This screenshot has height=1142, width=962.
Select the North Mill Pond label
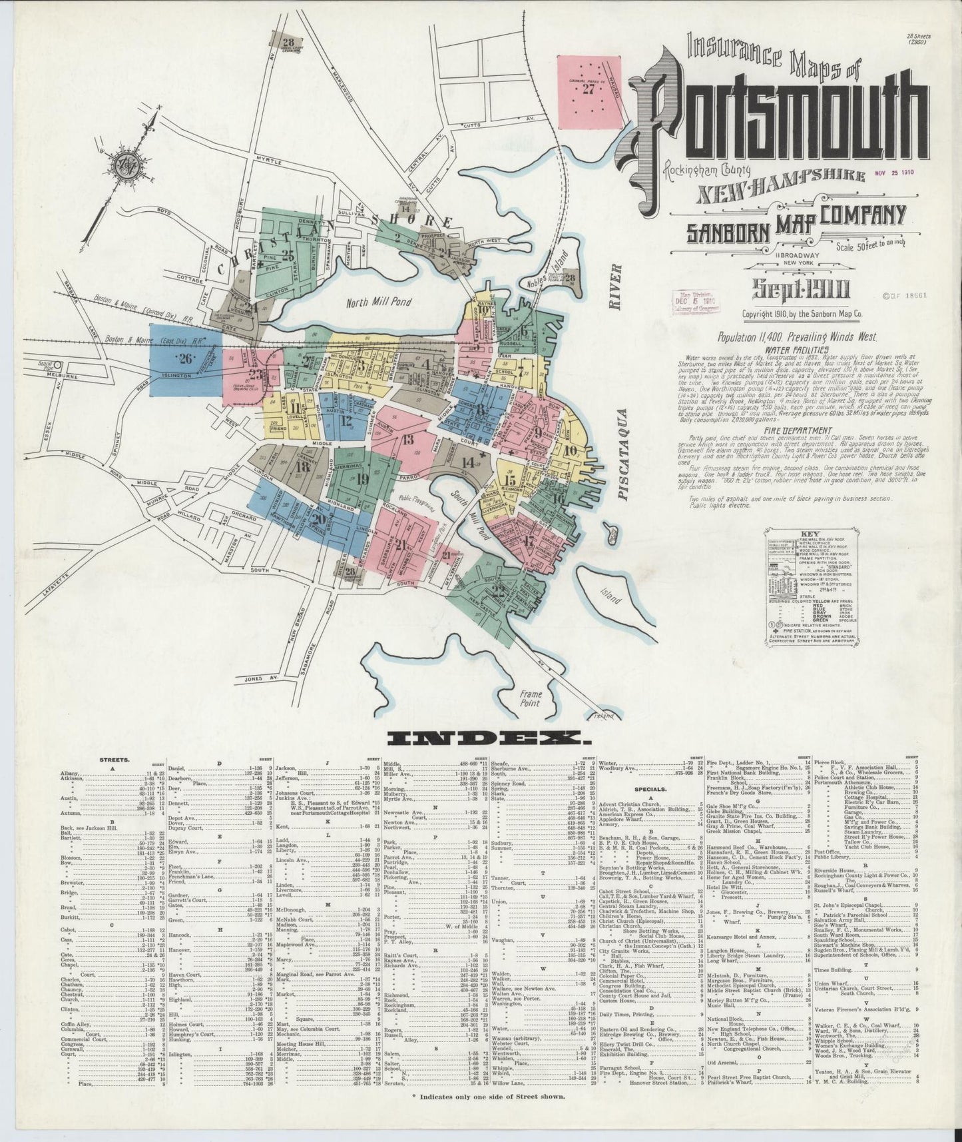[378, 303]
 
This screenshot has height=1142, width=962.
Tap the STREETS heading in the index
[115, 759]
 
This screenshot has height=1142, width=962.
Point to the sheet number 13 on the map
[407, 439]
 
